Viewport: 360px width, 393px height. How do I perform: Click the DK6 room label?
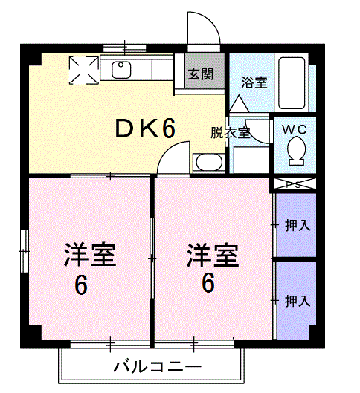click(145, 129)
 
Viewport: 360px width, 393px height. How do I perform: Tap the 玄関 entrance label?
click(199, 74)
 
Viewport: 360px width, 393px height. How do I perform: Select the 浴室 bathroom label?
click(254, 82)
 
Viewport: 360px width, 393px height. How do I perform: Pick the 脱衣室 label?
click(230, 134)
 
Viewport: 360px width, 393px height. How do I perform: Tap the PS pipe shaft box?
click(295, 184)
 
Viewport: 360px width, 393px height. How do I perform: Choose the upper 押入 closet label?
click(298, 225)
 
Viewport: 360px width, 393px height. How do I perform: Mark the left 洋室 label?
click(89, 256)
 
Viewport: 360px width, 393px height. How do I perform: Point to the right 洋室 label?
click(212, 256)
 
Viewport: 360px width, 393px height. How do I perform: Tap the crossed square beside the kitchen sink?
click(83, 71)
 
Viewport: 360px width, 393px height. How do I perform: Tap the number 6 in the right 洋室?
click(208, 283)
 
